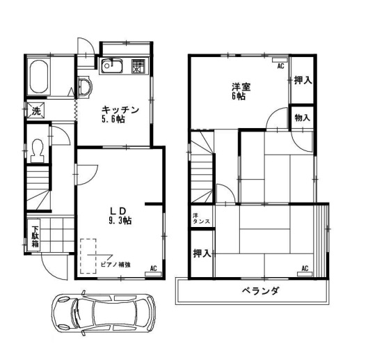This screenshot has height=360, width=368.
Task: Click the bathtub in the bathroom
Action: pyautogui.click(x=39, y=77)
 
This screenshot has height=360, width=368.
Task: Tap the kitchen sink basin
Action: pyautogui.click(x=112, y=66)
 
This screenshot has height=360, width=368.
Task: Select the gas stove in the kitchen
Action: pyautogui.click(x=138, y=66)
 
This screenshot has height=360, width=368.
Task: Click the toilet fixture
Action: pyautogui.click(x=38, y=150)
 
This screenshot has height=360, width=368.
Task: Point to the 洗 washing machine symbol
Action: pyautogui.click(x=36, y=111)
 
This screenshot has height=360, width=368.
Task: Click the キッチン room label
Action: pyautogui.click(x=120, y=110)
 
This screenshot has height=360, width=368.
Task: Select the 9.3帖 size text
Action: pyautogui.click(x=120, y=221)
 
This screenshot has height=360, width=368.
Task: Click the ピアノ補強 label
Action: pyautogui.click(x=115, y=265)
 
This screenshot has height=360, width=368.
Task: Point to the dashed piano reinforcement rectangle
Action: pyautogui.click(x=88, y=256)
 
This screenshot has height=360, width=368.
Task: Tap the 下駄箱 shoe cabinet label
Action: pyautogui.click(x=35, y=237)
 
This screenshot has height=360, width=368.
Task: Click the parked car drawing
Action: pyautogui.click(x=103, y=313)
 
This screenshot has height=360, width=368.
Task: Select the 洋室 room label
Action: pyautogui.click(x=241, y=87)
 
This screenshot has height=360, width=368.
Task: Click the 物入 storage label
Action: pyautogui.click(x=302, y=118)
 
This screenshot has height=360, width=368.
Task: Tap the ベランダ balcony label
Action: pyautogui.click(x=260, y=291)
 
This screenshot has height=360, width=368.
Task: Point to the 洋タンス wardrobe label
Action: pyautogui.click(x=201, y=219)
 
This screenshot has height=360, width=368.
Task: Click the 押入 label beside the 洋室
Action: pyautogui.click(x=303, y=81)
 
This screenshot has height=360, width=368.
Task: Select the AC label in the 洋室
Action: pyautogui.click(x=280, y=66)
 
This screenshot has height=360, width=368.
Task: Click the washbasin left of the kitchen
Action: pyautogui.click(x=85, y=87)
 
